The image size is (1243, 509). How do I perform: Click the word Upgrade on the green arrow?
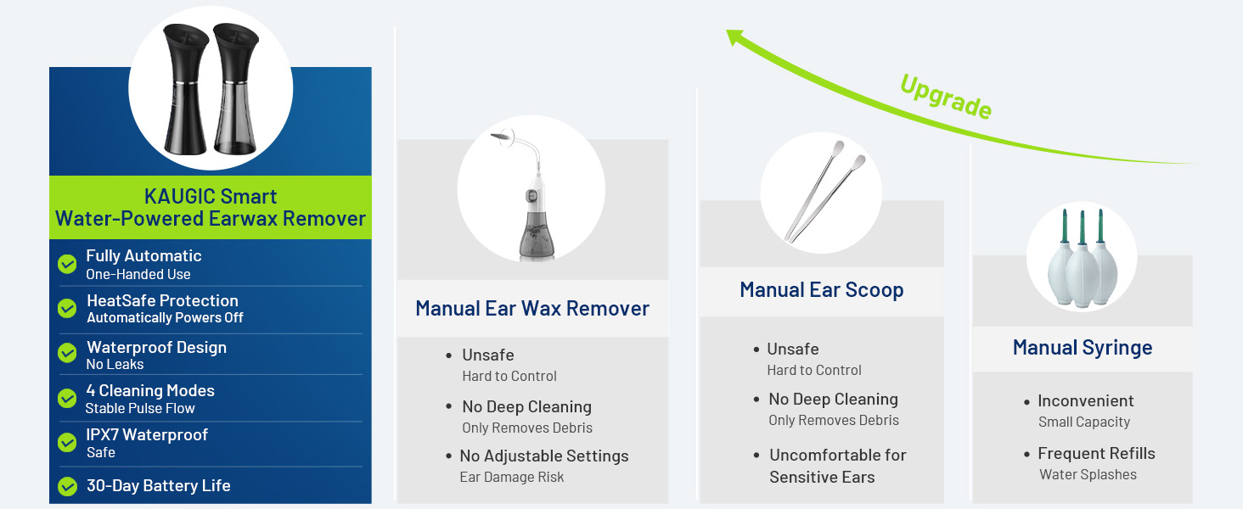946,96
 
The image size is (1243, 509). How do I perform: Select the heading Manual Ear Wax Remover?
532,308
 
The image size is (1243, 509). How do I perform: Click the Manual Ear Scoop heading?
821,290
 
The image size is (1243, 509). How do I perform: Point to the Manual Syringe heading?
1082,348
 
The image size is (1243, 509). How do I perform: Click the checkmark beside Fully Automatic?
67,264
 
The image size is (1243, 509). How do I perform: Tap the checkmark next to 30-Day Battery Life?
67,486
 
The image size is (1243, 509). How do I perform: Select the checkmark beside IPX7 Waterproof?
67,442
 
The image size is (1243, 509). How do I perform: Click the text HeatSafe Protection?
162,300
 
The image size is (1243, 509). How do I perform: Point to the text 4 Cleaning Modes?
150,391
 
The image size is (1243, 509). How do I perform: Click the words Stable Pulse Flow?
140,409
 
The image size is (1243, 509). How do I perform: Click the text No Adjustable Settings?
544,456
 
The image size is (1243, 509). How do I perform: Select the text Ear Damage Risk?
511,478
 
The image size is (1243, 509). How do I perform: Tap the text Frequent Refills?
1096,454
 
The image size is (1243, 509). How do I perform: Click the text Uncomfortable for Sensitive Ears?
837,466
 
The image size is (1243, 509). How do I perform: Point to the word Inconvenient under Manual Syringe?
1085,401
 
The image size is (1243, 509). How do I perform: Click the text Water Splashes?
1088,475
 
